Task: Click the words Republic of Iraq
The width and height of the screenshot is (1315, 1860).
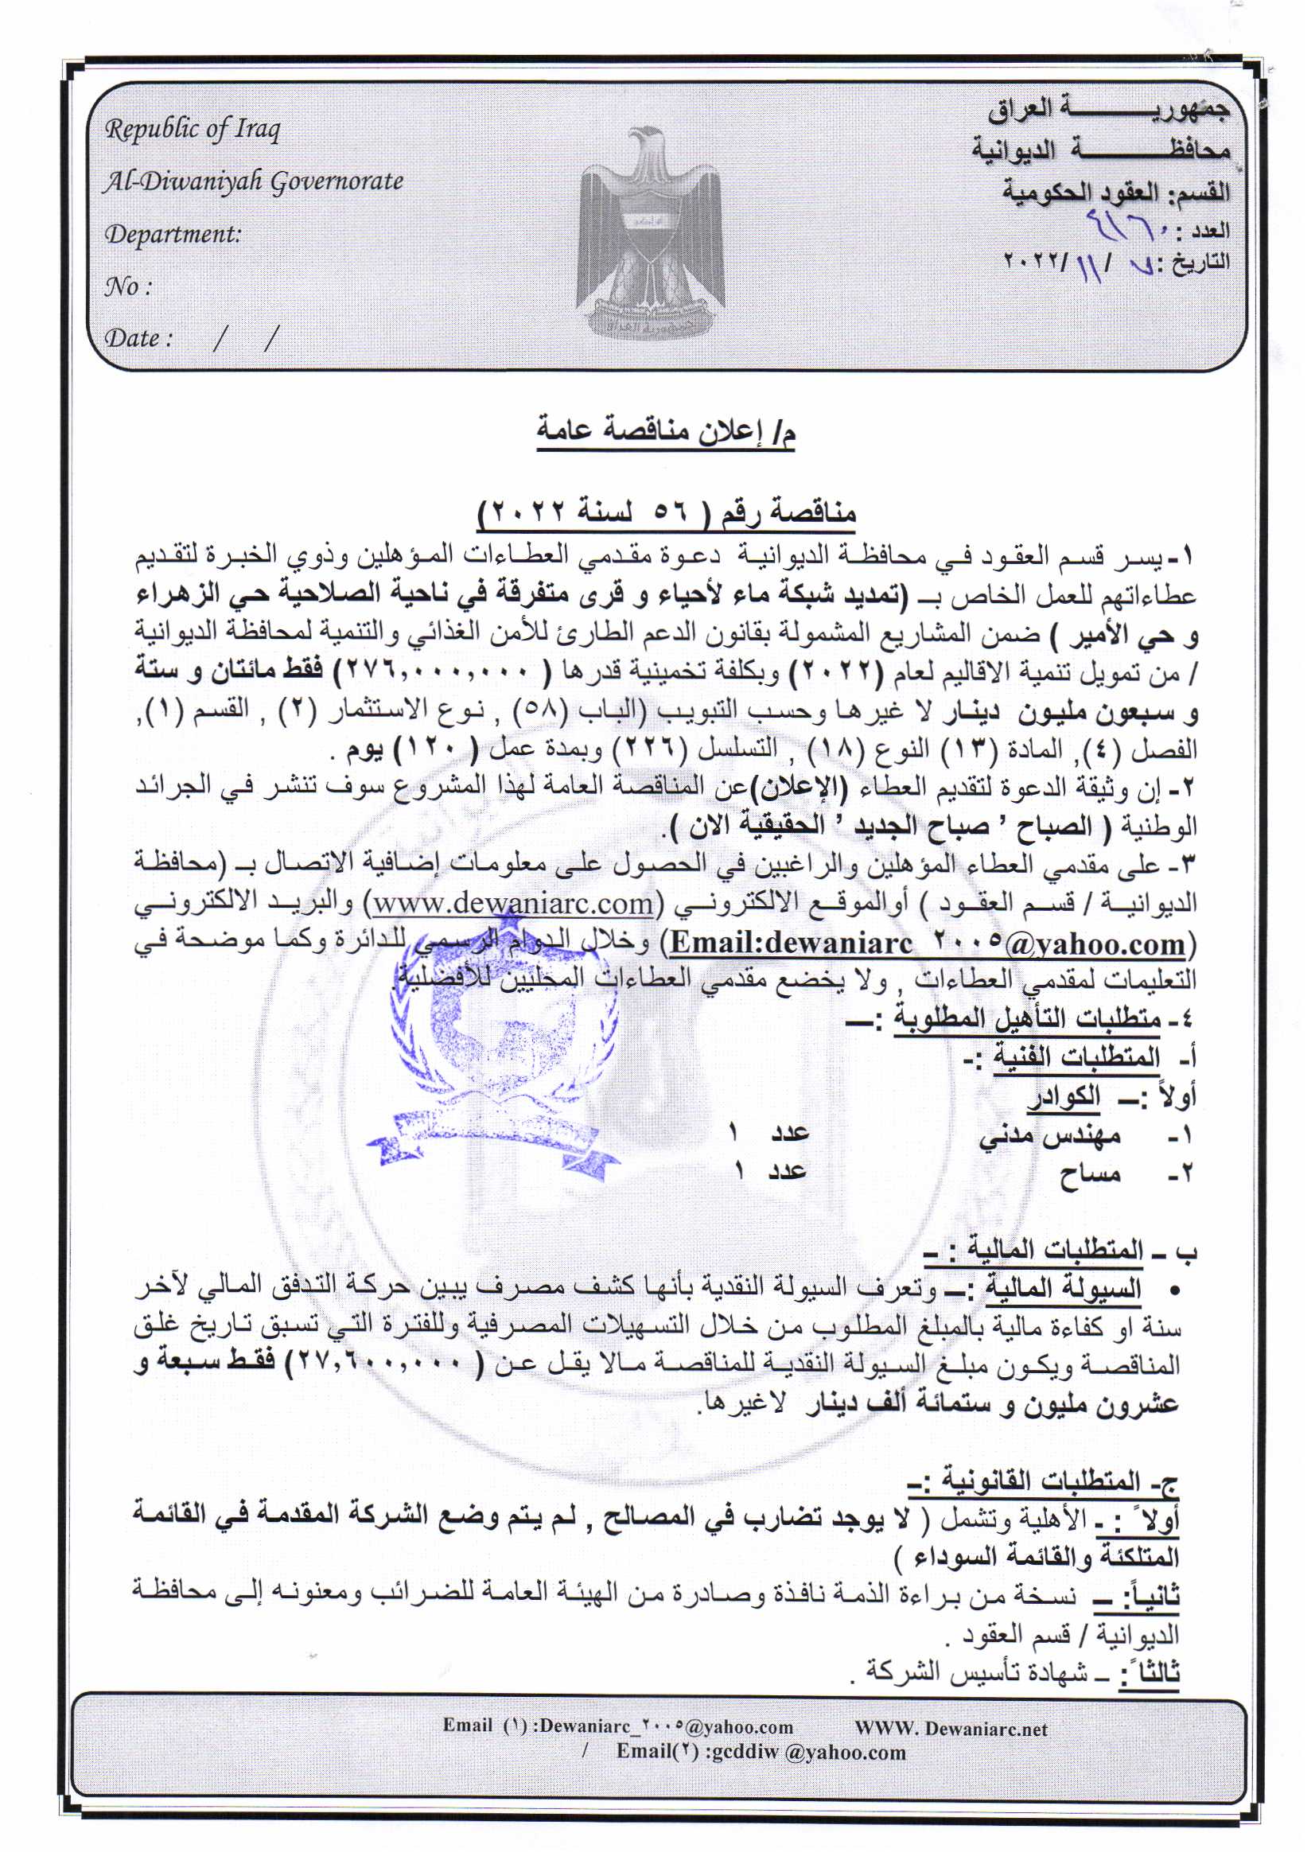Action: (193, 130)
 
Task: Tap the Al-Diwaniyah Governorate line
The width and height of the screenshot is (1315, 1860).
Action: (253, 181)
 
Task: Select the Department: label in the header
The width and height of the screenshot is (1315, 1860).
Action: (173, 234)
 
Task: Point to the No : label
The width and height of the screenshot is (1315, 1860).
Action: (128, 286)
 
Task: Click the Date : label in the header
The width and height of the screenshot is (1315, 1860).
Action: (138, 338)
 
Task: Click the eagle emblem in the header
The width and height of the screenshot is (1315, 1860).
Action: (650, 235)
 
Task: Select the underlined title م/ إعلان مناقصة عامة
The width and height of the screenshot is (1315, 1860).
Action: (666, 432)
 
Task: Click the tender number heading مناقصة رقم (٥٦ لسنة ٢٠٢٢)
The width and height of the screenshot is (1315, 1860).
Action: (667, 512)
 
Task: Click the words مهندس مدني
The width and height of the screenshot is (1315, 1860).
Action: (1049, 1136)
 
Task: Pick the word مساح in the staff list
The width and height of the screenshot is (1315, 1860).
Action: (1091, 1174)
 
